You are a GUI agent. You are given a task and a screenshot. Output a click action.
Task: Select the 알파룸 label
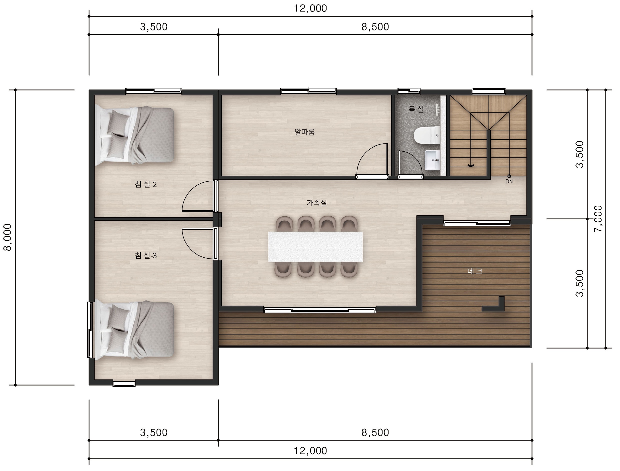click(x=305, y=132)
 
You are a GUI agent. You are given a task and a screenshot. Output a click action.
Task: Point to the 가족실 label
click(x=317, y=203)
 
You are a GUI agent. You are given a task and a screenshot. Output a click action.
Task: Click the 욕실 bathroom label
click(x=416, y=109)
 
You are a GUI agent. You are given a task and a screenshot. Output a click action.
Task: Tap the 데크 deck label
click(x=475, y=271)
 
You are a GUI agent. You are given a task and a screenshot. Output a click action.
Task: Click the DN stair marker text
click(x=509, y=181)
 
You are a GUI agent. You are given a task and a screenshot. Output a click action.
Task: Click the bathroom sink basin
click(x=432, y=160)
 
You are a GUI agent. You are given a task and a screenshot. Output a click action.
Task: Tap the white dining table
click(x=315, y=247)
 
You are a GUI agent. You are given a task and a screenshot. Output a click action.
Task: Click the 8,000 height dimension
click(x=7, y=237)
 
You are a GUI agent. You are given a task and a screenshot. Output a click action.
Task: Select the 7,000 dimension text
click(x=598, y=219)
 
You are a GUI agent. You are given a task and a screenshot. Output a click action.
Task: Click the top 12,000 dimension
click(x=310, y=8)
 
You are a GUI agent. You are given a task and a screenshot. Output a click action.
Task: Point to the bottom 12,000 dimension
click(x=310, y=451)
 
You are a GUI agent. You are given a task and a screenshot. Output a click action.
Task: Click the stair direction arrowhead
click(x=471, y=166)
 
